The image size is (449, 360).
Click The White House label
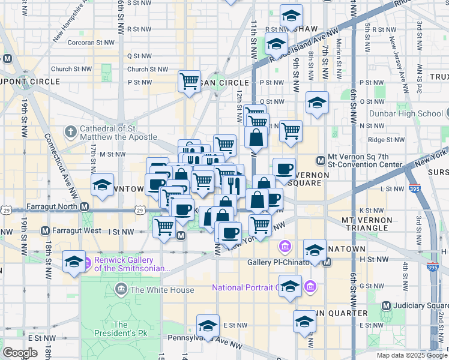pyautogui.click(x=162, y=290)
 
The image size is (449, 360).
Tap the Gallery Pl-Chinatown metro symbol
pyautogui.click(x=327, y=262)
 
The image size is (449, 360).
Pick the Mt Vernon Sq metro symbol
pyautogui.click(x=321, y=160)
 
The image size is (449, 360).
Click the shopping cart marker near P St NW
pyautogui.click(x=190, y=80)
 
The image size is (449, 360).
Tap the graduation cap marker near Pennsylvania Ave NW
pyautogui.click(x=208, y=326)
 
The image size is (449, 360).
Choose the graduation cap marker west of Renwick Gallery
pyautogui.click(x=74, y=262)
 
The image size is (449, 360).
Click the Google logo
pyautogui.click(x=20, y=353)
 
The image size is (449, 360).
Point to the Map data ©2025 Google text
pyautogui.click(x=411, y=355)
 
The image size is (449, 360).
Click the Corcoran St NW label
pyautogui.click(x=90, y=43)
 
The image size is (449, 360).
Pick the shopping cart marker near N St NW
pyautogui.click(x=291, y=130)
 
